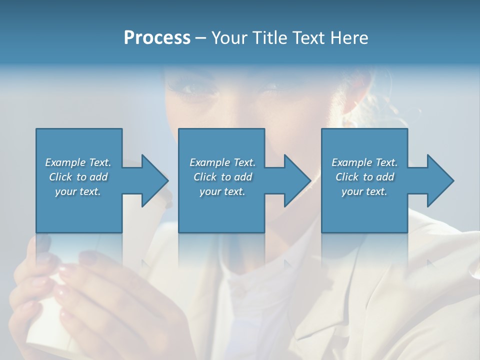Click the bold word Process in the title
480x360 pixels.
pyautogui.click(x=157, y=38)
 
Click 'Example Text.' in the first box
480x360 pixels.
pyautogui.click(x=78, y=162)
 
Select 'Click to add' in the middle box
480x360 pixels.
pyautogui.click(x=222, y=177)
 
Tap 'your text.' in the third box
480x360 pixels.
pyautogui.click(x=364, y=191)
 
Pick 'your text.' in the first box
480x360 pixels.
pyautogui.click(x=78, y=191)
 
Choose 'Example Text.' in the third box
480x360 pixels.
pyautogui.click(x=364, y=162)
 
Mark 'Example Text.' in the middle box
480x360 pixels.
pyautogui.click(x=222, y=162)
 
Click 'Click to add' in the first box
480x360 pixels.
pyautogui.click(x=78, y=177)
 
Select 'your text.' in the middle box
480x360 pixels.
pyautogui.click(x=222, y=191)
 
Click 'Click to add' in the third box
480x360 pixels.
pyautogui.click(x=364, y=177)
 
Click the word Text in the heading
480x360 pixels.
pyautogui.click(x=308, y=38)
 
